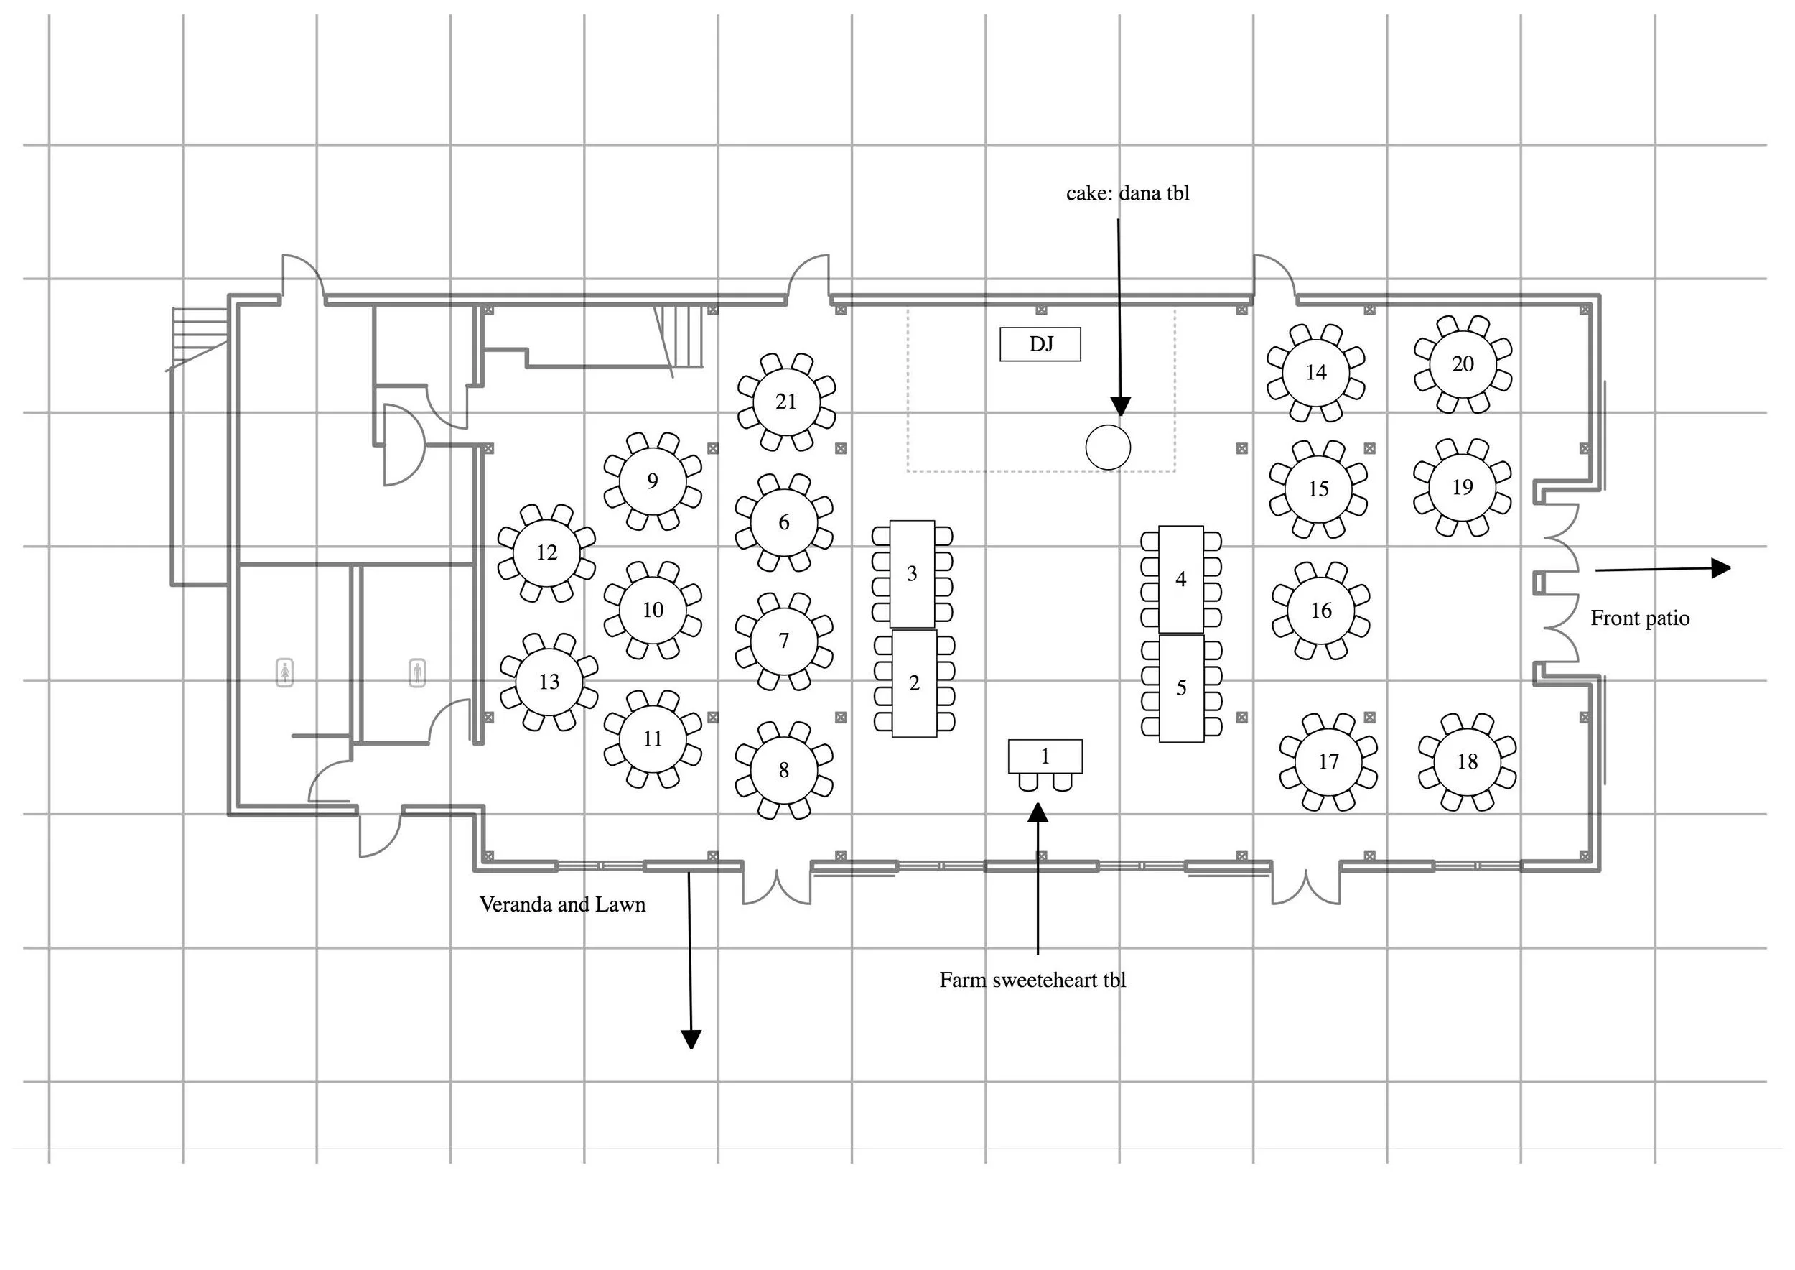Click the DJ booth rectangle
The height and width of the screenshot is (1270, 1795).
pyautogui.click(x=1040, y=344)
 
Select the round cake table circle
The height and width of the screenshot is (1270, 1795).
pyautogui.click(x=1108, y=448)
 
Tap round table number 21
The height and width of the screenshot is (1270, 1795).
pyautogui.click(x=785, y=402)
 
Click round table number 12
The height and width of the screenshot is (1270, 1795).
pyautogui.click(x=546, y=553)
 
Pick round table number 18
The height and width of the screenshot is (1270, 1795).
pyautogui.click(x=1467, y=761)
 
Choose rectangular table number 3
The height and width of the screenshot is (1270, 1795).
pyautogui.click(x=912, y=574)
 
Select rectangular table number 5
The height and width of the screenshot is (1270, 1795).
pyautogui.click(x=1180, y=688)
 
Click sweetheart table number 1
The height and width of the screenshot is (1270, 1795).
pyautogui.click(x=1045, y=756)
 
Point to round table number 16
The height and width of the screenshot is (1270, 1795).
pyautogui.click(x=1320, y=611)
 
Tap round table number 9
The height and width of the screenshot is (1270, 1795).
pyautogui.click(x=652, y=481)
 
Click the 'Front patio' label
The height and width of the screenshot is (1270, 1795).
pyautogui.click(x=1639, y=618)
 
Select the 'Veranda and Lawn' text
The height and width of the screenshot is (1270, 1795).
pyautogui.click(x=562, y=905)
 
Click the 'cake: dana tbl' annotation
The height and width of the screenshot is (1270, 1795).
pyautogui.click(x=1127, y=193)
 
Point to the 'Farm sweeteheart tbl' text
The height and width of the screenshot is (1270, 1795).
pyautogui.click(x=1032, y=981)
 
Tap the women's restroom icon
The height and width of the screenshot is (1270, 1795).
pyautogui.click(x=285, y=672)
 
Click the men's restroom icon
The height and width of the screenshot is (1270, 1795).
pyautogui.click(x=417, y=672)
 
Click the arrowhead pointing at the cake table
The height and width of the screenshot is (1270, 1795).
pyautogui.click(x=1120, y=406)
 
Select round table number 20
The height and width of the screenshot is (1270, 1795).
pyautogui.click(x=1462, y=364)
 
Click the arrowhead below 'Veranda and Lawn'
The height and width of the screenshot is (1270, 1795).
pyautogui.click(x=691, y=1039)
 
